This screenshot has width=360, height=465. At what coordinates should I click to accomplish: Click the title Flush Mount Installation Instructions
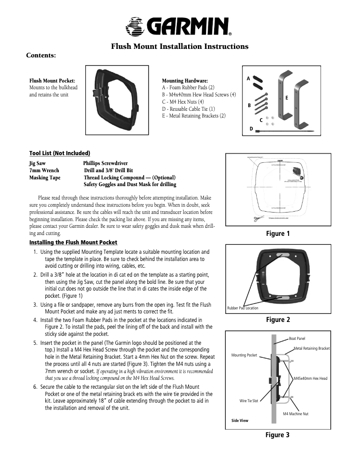click(180, 47)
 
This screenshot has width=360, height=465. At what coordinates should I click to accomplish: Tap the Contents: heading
click(41, 56)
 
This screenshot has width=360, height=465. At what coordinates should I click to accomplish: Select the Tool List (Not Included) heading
click(60, 153)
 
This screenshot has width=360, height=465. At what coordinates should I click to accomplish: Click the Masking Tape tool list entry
click(45, 178)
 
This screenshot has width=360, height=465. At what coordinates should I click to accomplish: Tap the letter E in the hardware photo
click(286, 97)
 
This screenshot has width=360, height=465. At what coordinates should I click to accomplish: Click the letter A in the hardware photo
click(248, 78)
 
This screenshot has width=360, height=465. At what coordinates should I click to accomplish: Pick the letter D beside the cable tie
click(251, 129)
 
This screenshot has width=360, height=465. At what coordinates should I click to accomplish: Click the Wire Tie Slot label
click(249, 400)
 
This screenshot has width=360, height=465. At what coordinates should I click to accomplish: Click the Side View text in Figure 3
click(240, 421)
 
